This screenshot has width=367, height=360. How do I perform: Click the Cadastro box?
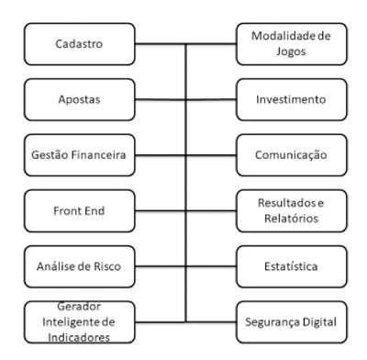coord(80,44)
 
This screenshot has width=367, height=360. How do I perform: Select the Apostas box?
coord(80,100)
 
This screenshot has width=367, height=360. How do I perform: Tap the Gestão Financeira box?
coord(80,155)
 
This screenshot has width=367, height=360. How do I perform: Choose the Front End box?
coord(80,211)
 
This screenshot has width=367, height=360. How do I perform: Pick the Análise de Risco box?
coord(80,266)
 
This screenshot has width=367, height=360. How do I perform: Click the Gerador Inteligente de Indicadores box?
coord(80,322)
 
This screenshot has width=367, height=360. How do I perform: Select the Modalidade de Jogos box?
coord(292,44)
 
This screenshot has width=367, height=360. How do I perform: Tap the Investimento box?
coord(292,100)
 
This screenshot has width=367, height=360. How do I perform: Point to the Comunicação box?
coord(292,155)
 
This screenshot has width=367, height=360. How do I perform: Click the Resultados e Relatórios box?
coord(292,211)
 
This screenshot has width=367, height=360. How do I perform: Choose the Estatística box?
coord(292,266)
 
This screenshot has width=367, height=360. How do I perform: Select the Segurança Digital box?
coord(292,322)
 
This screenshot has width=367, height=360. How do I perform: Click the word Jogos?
coord(291,51)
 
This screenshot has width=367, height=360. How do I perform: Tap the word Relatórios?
coord(292,219)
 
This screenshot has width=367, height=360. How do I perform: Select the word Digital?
coord(319,322)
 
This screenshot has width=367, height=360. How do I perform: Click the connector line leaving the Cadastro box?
coord(161,44)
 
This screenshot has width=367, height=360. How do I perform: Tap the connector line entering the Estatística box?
coord(211,266)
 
